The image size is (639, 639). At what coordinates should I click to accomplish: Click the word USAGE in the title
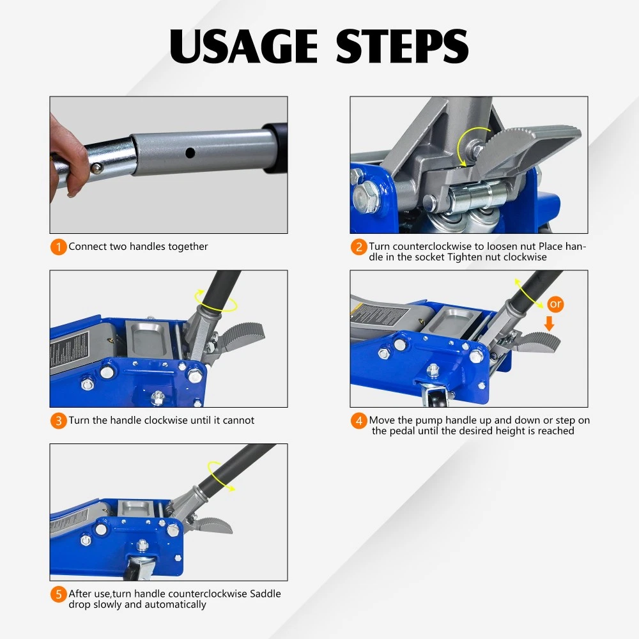pos(243,46)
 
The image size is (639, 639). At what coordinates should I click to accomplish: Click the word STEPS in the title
pos(402,46)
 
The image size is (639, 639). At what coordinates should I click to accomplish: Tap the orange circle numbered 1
pos(58,247)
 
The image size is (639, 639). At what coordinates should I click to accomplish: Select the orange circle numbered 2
pos(358,247)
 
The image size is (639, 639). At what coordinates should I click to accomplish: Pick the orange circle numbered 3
pos(58,420)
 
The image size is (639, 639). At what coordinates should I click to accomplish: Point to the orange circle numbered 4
pos(358,420)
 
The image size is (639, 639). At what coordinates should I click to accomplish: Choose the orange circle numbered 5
pos(58,594)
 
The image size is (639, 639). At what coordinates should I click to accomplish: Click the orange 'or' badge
pos(555,304)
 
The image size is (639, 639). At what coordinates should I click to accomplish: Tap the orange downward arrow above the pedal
pos(550,323)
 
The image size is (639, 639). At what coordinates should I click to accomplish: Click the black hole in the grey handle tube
pos(190,153)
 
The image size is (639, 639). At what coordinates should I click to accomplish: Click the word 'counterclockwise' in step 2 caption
pos(433,246)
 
